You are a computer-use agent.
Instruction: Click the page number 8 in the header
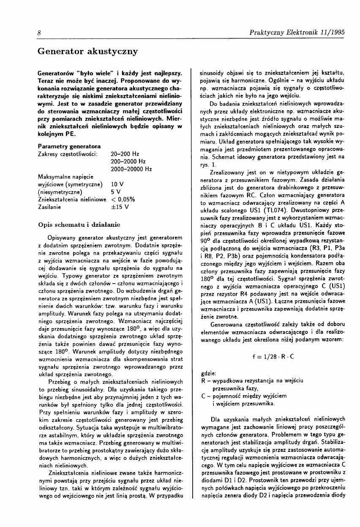pyautogui.click(x=39, y=32)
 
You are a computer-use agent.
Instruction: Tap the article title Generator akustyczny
pyautogui.click(x=87, y=52)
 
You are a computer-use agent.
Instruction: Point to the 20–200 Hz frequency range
pyautogui.click(x=125, y=154)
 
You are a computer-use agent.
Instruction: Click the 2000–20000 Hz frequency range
pyautogui.click(x=131, y=169)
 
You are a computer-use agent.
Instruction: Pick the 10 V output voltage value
pyautogui.click(x=117, y=184)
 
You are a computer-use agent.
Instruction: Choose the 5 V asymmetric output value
pyautogui.click(x=115, y=192)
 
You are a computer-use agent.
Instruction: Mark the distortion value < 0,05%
pyautogui.click(x=123, y=199)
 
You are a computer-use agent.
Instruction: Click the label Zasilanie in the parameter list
pyautogui.click(x=49, y=207)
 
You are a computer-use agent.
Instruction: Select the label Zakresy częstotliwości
pyautogui.click(x=68, y=154)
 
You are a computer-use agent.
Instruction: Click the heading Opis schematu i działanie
pyautogui.click(x=79, y=224)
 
